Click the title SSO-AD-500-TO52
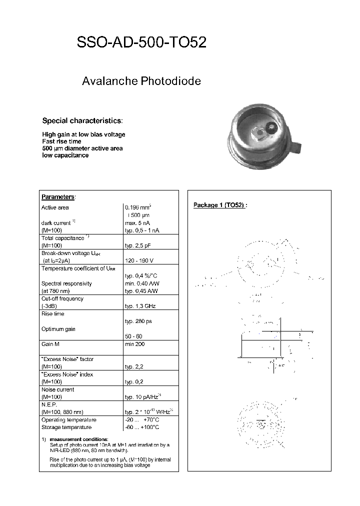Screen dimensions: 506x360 pos(141,43)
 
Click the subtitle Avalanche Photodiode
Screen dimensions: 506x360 pos(141,81)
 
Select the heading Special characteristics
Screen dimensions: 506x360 pos(82,120)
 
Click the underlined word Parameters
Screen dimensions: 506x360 pos(57,197)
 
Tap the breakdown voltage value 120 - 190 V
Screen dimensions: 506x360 pos(139,260)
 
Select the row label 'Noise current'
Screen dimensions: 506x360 pos(57,389)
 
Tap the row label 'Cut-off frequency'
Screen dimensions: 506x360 pos(62,298)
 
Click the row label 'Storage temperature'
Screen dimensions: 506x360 pos(66,427)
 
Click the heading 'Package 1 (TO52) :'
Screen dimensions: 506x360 pos(220,205)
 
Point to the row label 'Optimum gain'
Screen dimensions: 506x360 pos(58,329)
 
